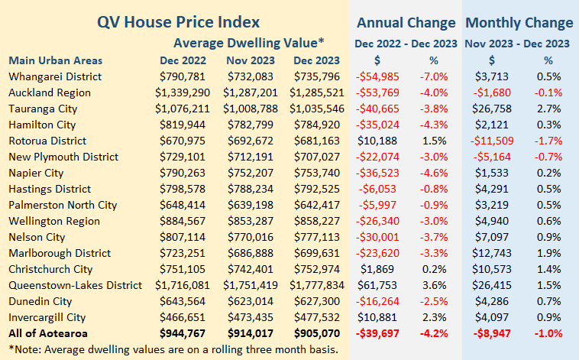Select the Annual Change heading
click(x=406, y=22)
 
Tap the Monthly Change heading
click(x=519, y=22)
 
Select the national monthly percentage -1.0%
click(x=548, y=333)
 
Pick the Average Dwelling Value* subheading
click(x=249, y=42)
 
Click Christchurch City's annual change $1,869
click(x=396, y=269)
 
